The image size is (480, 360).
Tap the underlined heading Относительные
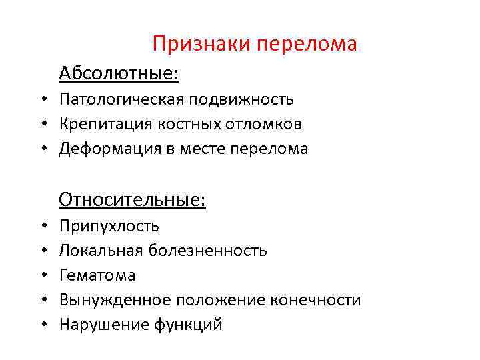[132, 199]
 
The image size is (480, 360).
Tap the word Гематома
[97, 275]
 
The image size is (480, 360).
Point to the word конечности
[315, 300]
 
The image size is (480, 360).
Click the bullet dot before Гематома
[41, 275]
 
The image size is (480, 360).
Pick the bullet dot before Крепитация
[41, 125]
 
